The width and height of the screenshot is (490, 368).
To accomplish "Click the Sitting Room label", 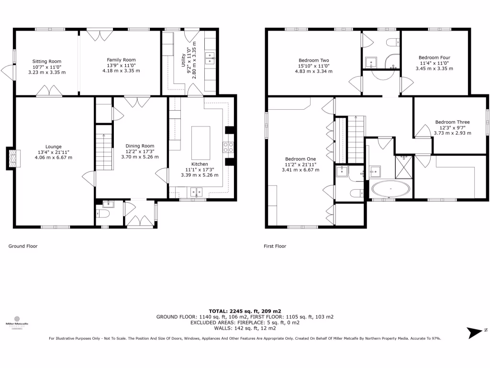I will tap(47, 61).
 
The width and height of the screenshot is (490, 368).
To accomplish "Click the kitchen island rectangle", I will tap(201, 142).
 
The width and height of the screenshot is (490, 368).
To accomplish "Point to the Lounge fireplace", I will tap(11, 158).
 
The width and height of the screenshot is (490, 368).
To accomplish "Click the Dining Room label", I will tap(140, 146).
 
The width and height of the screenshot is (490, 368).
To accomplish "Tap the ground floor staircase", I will tap(104, 147).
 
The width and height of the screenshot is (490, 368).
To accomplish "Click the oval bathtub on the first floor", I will tap(390, 189).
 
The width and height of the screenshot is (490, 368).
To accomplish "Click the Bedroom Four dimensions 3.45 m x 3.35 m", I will tap(434, 69).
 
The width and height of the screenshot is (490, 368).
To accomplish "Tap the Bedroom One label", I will tap(301, 159).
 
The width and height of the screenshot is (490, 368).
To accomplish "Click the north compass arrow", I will tap(476, 332).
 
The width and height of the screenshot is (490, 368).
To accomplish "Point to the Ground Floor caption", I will tap(23, 246).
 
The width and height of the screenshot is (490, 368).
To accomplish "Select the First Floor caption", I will tap(275, 246).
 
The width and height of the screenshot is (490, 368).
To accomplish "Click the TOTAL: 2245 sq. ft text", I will tap(245, 311).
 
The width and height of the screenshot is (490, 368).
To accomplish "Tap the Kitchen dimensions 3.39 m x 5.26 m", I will tap(200, 175).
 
